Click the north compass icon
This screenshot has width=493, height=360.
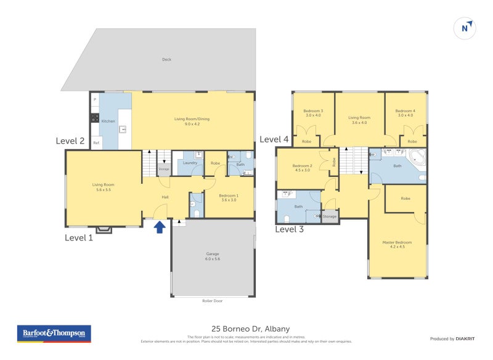[466, 28]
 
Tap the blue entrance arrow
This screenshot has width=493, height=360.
[159, 227]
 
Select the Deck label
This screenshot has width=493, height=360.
[166, 60]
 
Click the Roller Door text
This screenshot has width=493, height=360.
[213, 301]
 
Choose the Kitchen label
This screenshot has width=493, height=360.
[108, 121]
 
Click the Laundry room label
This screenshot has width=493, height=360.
[190, 163]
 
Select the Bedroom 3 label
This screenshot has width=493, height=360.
[314, 113]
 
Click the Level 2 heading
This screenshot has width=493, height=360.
[70, 141]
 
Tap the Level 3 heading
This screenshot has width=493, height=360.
[289, 229]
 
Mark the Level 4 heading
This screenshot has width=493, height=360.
[274, 139]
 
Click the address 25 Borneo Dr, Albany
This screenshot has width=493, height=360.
[246, 329]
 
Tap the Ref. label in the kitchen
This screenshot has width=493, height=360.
[96, 143]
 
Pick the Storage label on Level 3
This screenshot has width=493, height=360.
[330, 216]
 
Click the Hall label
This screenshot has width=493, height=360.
[165, 197]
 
